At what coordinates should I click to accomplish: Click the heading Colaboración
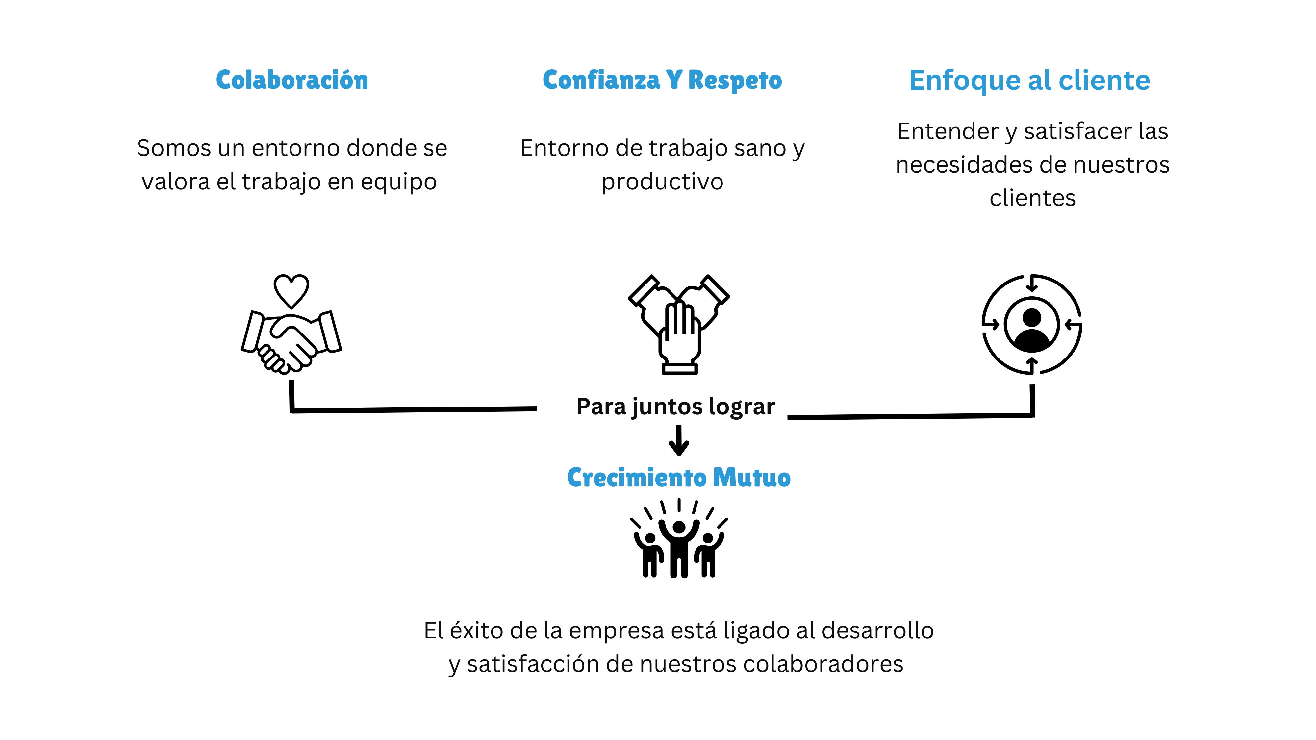click(292, 80)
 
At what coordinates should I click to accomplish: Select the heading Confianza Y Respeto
click(662, 80)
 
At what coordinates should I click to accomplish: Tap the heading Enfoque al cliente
click(1029, 80)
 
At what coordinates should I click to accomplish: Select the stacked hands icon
click(679, 324)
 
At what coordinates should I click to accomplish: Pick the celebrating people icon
click(679, 538)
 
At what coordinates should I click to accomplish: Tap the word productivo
click(662, 182)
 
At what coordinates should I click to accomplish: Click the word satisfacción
click(533, 664)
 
